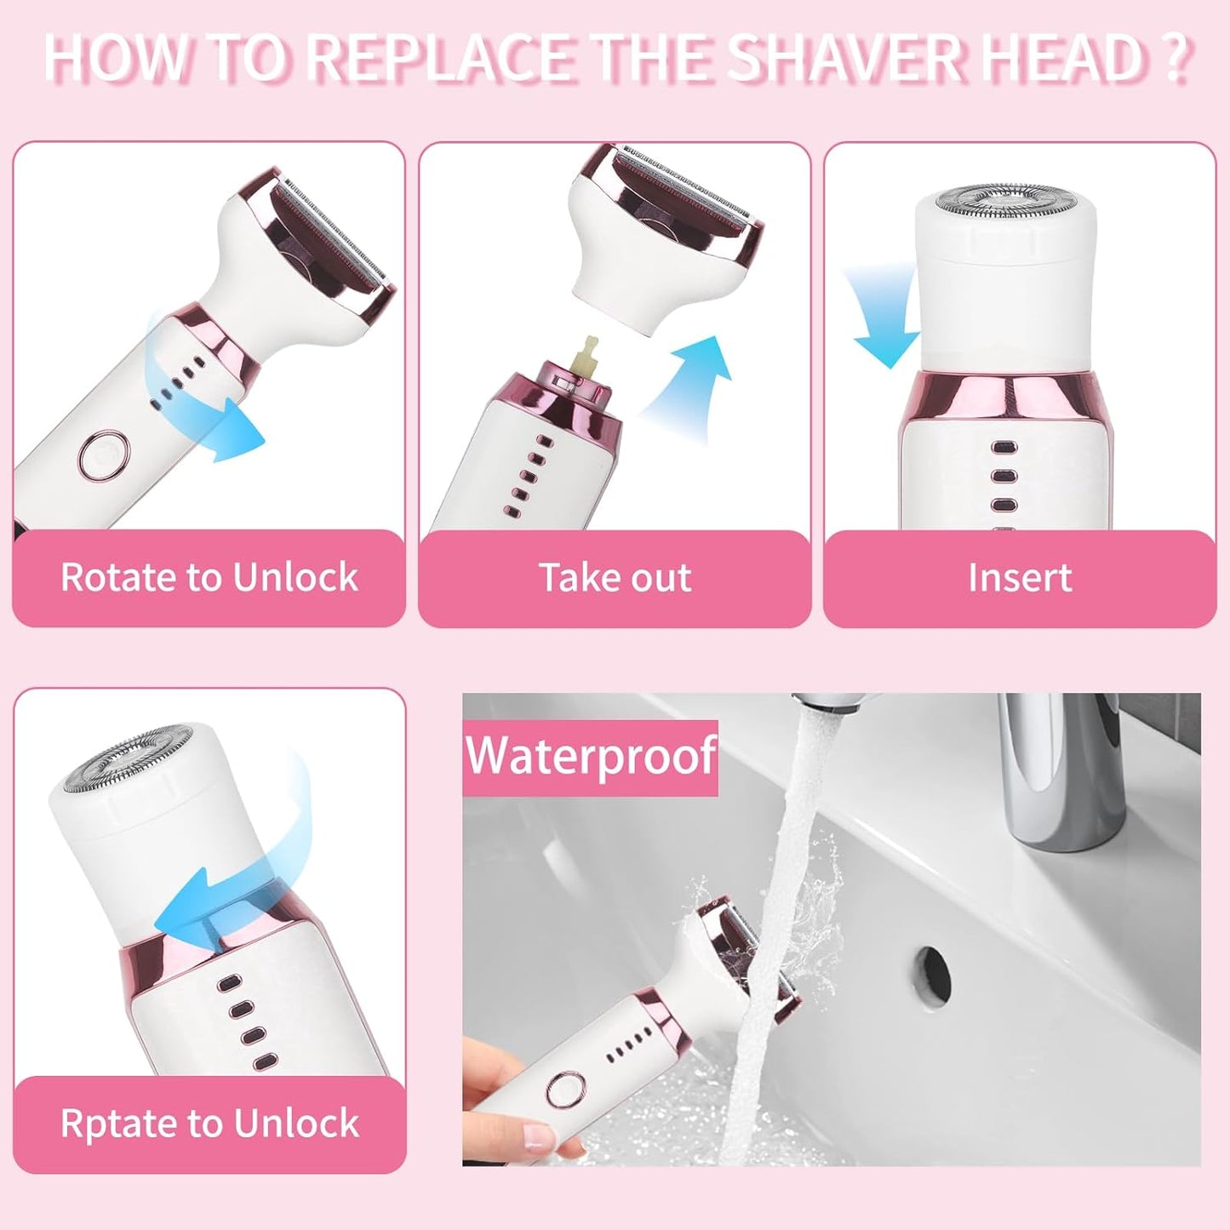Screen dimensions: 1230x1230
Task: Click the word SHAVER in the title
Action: coord(846,58)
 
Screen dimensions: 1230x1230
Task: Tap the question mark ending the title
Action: coord(1175,58)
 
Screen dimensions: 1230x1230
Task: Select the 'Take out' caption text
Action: coord(615,578)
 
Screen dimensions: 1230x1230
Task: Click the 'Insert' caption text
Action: coord(1019,578)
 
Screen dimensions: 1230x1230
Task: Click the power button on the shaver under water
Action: coord(565,1090)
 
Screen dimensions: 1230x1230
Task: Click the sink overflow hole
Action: coord(933,968)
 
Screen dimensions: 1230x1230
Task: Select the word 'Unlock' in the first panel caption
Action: coord(295,578)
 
